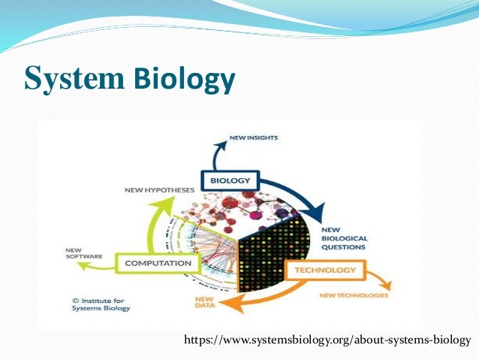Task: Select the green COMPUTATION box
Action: pos(158,264)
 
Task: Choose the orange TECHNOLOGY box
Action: pos(325,270)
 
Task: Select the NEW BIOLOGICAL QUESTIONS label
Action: pos(343,237)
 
